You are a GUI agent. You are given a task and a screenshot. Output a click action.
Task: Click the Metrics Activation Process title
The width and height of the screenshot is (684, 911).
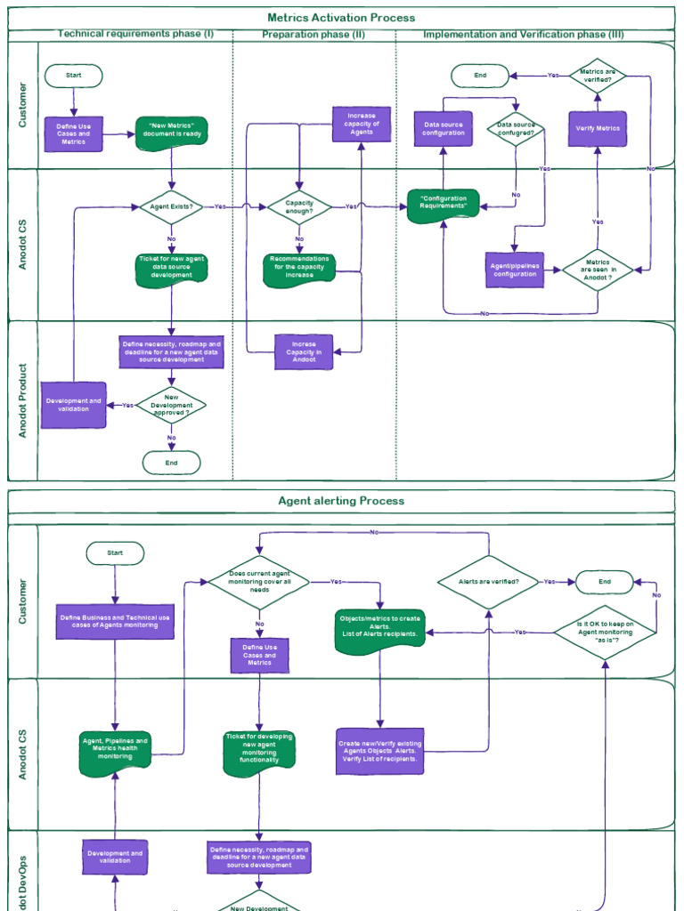point(341,18)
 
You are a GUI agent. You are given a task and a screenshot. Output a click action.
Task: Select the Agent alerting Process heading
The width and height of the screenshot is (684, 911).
point(341,501)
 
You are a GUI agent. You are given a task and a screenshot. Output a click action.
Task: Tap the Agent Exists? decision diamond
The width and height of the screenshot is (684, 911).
point(172,206)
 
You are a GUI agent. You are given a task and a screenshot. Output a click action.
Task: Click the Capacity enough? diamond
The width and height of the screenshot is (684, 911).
point(299,206)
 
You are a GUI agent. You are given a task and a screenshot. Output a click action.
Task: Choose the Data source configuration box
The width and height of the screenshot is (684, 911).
point(444,128)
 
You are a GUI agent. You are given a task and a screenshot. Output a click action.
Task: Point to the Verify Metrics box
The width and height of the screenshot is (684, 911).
point(598,128)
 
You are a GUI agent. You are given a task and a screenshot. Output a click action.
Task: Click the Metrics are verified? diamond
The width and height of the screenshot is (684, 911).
point(598,76)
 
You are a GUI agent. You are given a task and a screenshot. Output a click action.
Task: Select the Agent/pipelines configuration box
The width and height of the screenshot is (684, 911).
point(515,270)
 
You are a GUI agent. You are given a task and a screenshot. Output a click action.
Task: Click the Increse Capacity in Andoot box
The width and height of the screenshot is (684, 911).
point(305,351)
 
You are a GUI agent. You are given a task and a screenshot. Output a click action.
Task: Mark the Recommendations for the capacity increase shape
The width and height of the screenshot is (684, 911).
point(299,269)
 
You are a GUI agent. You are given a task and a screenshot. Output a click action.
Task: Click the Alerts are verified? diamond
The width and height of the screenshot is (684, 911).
point(489,582)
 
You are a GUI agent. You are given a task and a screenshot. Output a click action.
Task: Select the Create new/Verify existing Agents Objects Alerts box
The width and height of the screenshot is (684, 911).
point(380,751)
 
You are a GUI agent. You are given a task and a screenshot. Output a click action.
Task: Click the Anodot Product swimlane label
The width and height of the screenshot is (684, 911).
point(23,400)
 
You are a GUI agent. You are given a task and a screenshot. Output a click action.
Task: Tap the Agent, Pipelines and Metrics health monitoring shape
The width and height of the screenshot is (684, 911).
point(115,750)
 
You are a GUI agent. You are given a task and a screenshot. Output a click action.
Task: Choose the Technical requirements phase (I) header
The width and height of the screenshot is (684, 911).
point(135,35)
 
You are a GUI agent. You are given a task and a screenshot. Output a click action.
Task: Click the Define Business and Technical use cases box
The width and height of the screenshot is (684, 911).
point(115,621)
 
